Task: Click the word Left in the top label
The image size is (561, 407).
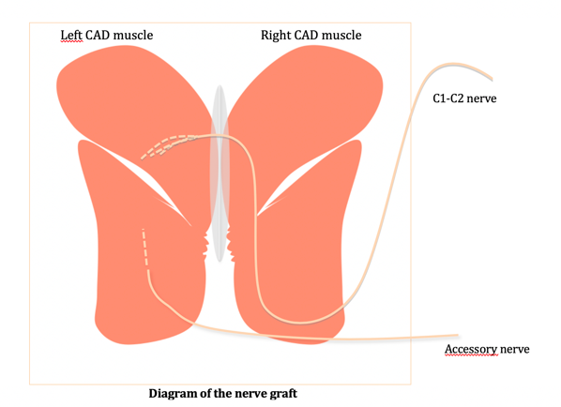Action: tap(71, 35)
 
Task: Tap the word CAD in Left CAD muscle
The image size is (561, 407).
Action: tap(96, 35)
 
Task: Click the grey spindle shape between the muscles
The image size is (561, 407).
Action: tap(220, 173)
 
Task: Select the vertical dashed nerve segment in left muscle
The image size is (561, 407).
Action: tap(144, 248)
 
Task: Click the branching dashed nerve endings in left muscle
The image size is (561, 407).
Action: tap(168, 146)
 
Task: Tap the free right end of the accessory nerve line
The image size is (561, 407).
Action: tap(458, 335)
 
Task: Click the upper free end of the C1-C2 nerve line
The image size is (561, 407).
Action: tap(492, 79)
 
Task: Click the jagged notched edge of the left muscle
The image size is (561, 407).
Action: tap(205, 245)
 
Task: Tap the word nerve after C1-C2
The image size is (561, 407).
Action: tap(481, 98)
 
